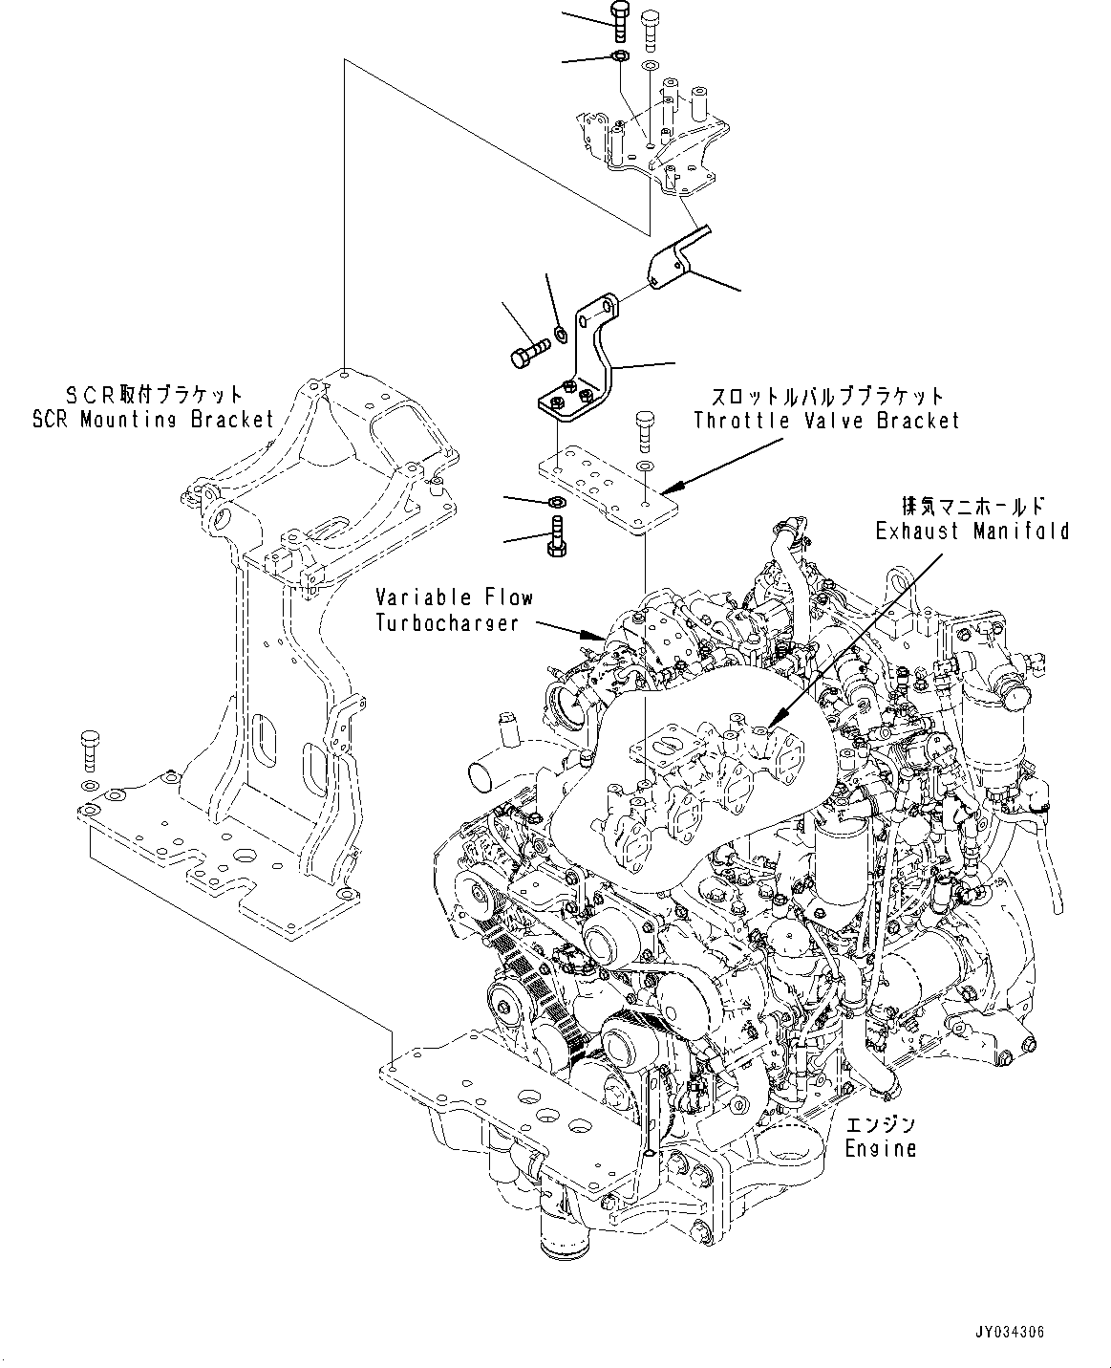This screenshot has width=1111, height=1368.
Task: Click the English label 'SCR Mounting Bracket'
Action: (153, 419)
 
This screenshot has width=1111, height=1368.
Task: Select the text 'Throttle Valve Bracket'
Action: (826, 420)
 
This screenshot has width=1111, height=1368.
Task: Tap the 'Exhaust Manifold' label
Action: (972, 531)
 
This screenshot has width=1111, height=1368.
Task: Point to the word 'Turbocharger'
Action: (447, 622)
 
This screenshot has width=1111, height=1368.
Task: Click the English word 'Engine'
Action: (880, 1148)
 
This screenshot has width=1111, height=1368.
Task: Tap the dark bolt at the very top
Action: (616, 21)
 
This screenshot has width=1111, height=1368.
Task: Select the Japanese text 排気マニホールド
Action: (972, 507)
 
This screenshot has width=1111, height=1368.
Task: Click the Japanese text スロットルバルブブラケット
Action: (826, 396)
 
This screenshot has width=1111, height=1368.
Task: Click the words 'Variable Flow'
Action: (454, 598)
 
